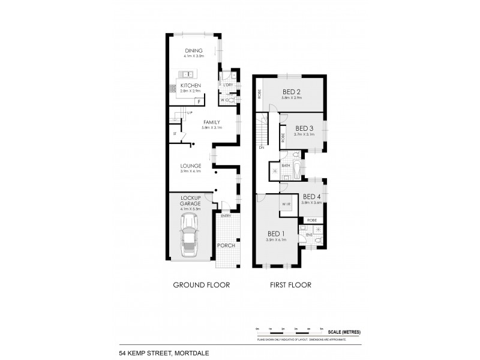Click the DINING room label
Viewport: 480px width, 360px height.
point(194,50)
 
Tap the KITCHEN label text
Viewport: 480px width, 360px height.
point(191,86)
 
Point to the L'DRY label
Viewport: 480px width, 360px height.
point(227,86)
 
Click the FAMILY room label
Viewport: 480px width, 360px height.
point(196,122)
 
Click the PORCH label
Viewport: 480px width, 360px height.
point(226,246)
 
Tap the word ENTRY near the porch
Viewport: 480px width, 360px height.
point(226,216)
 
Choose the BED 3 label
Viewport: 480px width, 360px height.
point(304,128)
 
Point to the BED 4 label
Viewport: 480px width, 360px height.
point(313,197)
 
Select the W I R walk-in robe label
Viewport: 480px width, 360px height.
point(286,205)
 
